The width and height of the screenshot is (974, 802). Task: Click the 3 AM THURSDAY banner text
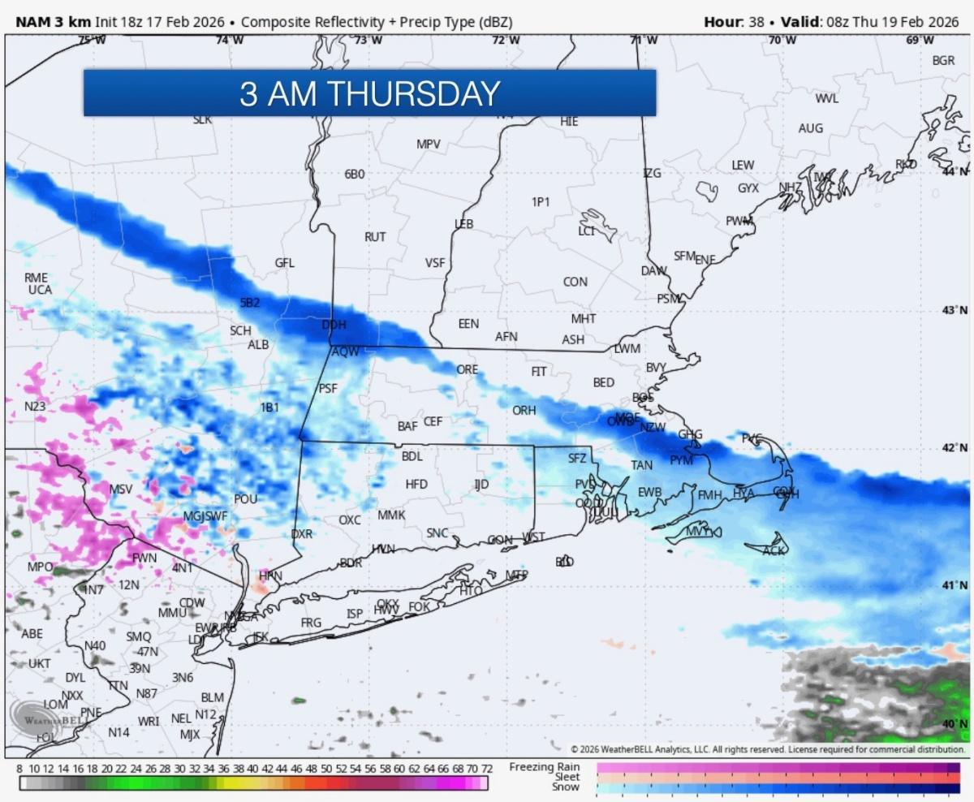pyautogui.click(x=369, y=93)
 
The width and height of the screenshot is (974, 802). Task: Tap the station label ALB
pyautogui.click(x=258, y=345)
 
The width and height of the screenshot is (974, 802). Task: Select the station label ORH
pyautogui.click(x=524, y=411)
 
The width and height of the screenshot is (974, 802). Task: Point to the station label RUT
pyautogui.click(x=375, y=237)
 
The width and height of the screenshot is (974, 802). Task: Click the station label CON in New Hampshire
pyautogui.click(x=575, y=282)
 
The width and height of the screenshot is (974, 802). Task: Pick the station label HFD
pyautogui.click(x=416, y=484)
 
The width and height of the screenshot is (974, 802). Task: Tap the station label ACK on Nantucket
pyautogui.click(x=774, y=551)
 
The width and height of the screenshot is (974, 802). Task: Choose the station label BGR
pyautogui.click(x=943, y=61)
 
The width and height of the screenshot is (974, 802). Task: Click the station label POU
pyautogui.click(x=245, y=499)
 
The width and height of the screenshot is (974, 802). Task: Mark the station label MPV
pyautogui.click(x=428, y=144)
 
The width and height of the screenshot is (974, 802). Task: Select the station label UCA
pyautogui.click(x=40, y=290)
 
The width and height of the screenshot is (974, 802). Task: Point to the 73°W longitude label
pyautogui.click(x=368, y=40)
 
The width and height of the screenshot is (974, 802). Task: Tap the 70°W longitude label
pyautogui.click(x=782, y=40)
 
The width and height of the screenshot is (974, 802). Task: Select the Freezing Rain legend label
pyautogui.click(x=545, y=767)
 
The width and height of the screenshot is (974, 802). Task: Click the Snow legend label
pyautogui.click(x=565, y=787)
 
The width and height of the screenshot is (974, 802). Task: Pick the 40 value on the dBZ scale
pyautogui.click(x=252, y=769)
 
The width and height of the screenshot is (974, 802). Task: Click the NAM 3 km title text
pyautogui.click(x=53, y=22)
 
